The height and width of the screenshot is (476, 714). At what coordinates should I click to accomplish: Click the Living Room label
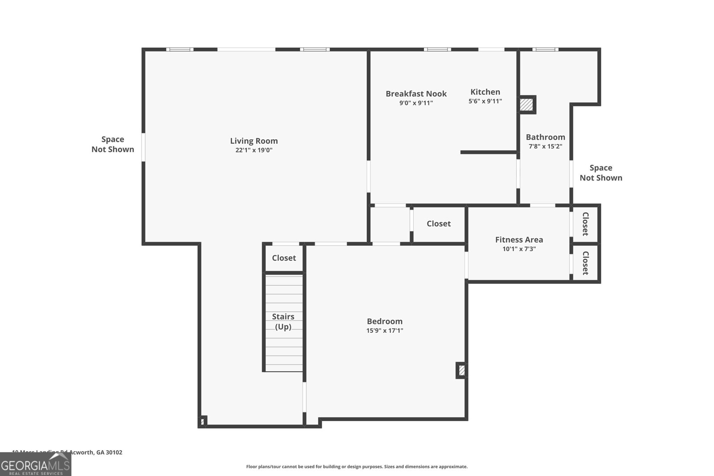253,141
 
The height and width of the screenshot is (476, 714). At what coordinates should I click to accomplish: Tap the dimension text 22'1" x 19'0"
253,150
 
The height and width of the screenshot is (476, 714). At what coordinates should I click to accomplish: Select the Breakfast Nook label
416,94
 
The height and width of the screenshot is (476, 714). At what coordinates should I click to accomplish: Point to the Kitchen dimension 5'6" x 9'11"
485,101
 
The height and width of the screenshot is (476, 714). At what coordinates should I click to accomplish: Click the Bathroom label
545,137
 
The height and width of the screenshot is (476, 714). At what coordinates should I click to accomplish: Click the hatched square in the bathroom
527,105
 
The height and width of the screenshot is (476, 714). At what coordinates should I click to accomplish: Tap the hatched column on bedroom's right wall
461,370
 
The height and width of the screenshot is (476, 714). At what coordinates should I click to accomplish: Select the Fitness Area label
519,240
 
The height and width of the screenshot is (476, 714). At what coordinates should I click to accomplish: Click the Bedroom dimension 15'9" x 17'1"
384,331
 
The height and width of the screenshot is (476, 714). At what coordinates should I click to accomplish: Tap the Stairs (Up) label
283,321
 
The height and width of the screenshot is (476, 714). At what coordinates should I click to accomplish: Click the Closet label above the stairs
284,258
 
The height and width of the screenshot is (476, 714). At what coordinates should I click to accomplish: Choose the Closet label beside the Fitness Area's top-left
438,224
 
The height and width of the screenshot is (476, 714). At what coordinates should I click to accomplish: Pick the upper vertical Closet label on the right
585,224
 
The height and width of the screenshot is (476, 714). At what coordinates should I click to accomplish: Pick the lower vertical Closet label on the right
585,263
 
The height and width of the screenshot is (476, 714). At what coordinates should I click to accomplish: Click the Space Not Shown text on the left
112,144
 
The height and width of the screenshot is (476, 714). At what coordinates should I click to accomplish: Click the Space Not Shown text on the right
601,173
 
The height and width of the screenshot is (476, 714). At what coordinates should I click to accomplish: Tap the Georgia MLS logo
35,465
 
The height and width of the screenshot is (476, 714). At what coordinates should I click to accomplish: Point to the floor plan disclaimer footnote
357,467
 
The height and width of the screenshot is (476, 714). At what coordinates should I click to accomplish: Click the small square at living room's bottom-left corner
202,421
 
